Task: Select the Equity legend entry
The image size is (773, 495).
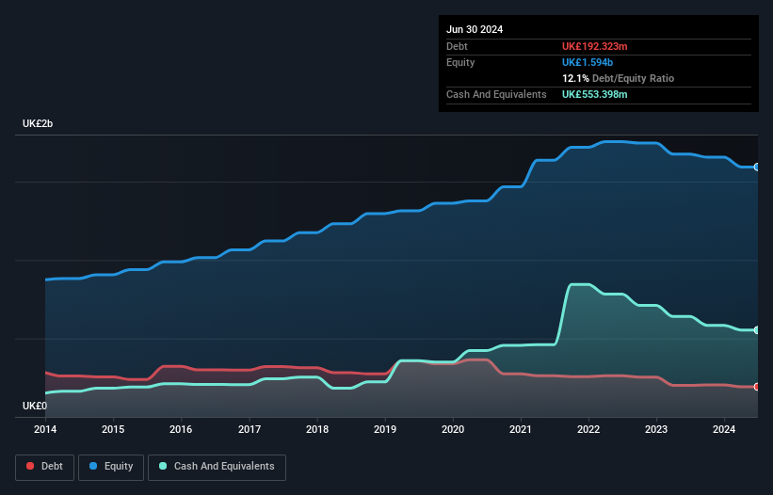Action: [111, 467]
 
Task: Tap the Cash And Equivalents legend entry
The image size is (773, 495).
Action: [217, 467]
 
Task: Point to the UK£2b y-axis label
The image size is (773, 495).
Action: [39, 125]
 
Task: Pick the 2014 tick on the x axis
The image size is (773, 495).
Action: [45, 430]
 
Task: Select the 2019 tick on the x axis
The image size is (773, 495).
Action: [385, 430]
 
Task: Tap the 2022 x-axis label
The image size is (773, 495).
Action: [588, 430]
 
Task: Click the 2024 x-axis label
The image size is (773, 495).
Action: [724, 430]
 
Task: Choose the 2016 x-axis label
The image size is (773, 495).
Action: [181, 430]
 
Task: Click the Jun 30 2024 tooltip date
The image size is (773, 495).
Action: [475, 29]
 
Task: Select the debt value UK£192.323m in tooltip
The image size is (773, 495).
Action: [595, 46]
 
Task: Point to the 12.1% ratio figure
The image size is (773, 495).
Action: [575, 78]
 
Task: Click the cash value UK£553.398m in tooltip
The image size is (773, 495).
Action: [595, 94]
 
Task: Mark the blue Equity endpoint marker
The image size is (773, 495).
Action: [757, 167]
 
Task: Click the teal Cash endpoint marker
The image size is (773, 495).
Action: [757, 330]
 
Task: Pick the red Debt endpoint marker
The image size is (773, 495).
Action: [757, 387]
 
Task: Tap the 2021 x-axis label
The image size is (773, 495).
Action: [521, 430]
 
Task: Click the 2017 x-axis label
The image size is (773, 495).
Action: [250, 430]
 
